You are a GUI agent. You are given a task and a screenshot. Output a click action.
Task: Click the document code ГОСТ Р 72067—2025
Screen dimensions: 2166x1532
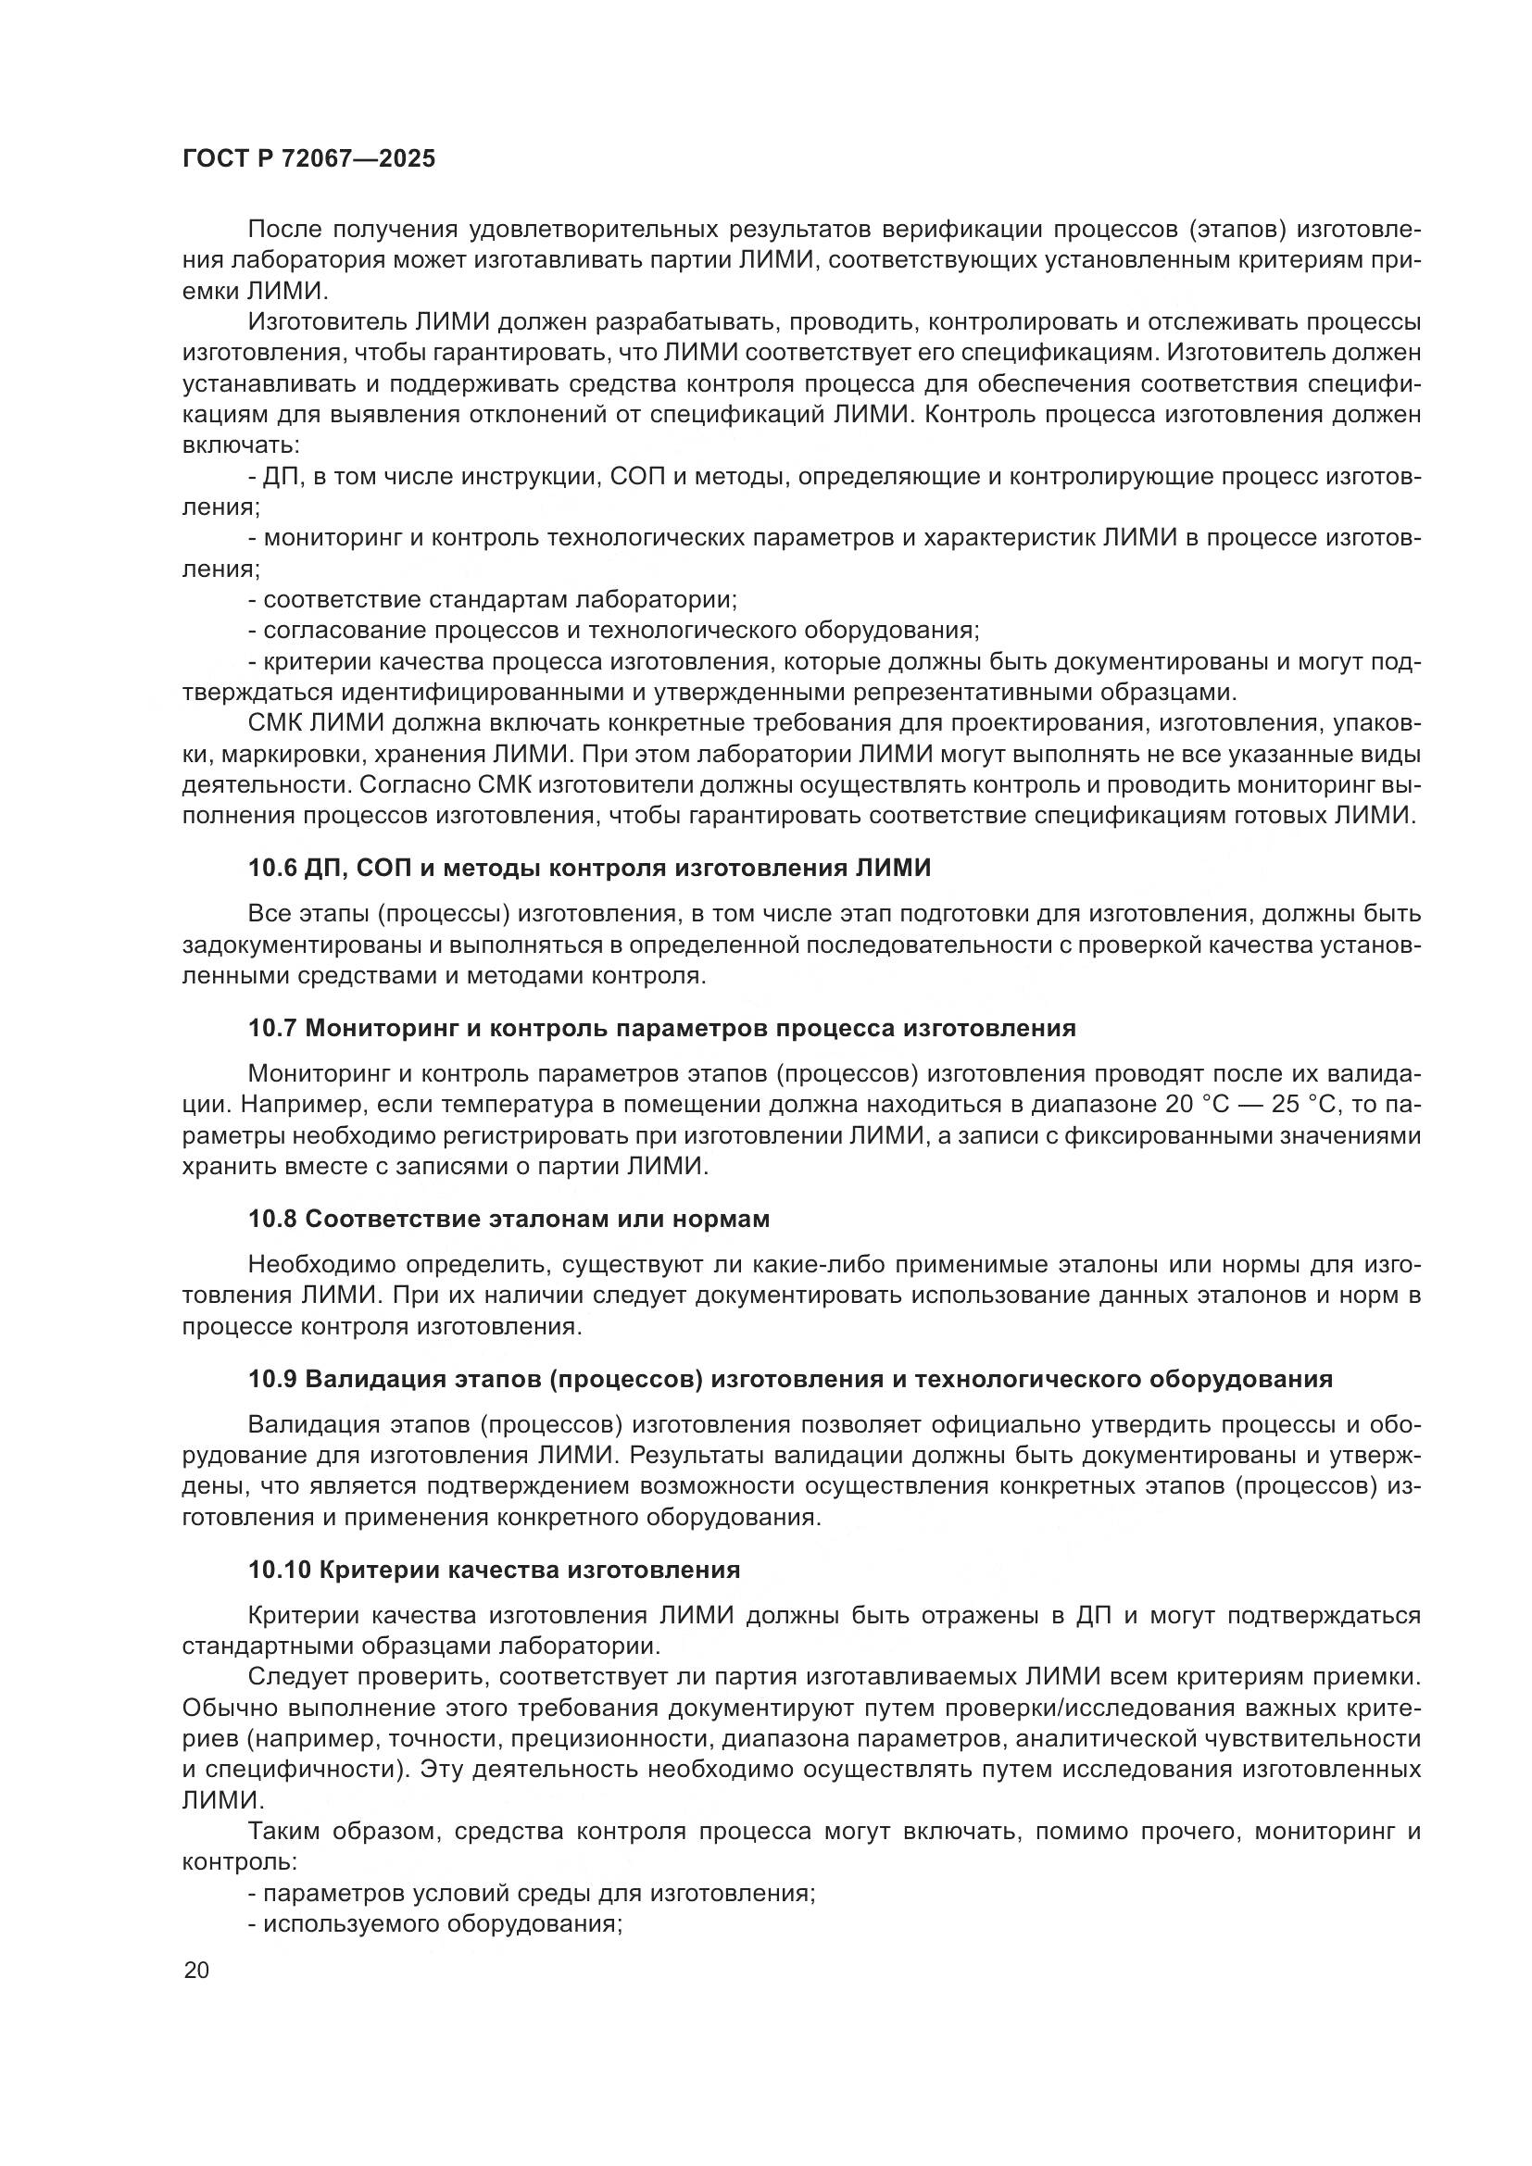[x=308, y=159]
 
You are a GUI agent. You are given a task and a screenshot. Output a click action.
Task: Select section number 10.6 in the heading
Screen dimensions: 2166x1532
[x=272, y=868]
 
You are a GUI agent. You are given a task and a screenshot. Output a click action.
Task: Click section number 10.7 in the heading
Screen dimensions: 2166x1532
[x=272, y=1028]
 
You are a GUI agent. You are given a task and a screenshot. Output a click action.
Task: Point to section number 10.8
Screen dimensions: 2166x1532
[x=272, y=1219]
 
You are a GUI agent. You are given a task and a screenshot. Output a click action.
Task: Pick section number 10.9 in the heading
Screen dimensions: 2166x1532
[x=272, y=1379]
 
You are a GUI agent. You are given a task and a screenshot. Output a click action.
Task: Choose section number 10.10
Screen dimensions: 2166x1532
[x=280, y=1570]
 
